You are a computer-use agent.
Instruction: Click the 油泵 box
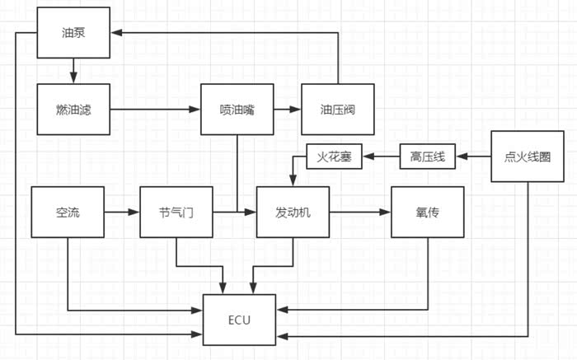[x=73, y=33]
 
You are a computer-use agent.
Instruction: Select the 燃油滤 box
[x=73, y=110]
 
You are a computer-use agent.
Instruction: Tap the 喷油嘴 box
[x=237, y=110]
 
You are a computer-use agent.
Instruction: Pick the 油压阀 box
[x=337, y=110]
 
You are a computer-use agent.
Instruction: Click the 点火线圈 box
[x=527, y=156]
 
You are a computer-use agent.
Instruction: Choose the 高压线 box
[x=427, y=156]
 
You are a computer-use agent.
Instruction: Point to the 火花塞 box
[x=334, y=156]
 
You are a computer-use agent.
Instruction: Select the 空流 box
[x=67, y=212]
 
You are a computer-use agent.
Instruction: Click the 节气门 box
[x=176, y=212]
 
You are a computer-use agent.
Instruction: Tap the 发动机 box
[x=293, y=212]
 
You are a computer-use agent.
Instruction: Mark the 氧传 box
[x=427, y=212]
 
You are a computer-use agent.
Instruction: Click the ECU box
[x=239, y=318]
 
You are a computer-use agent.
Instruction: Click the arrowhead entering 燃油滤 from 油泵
[x=73, y=79]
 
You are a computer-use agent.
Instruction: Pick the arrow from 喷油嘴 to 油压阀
[x=287, y=110]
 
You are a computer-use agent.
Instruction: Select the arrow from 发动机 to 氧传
[x=360, y=212]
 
